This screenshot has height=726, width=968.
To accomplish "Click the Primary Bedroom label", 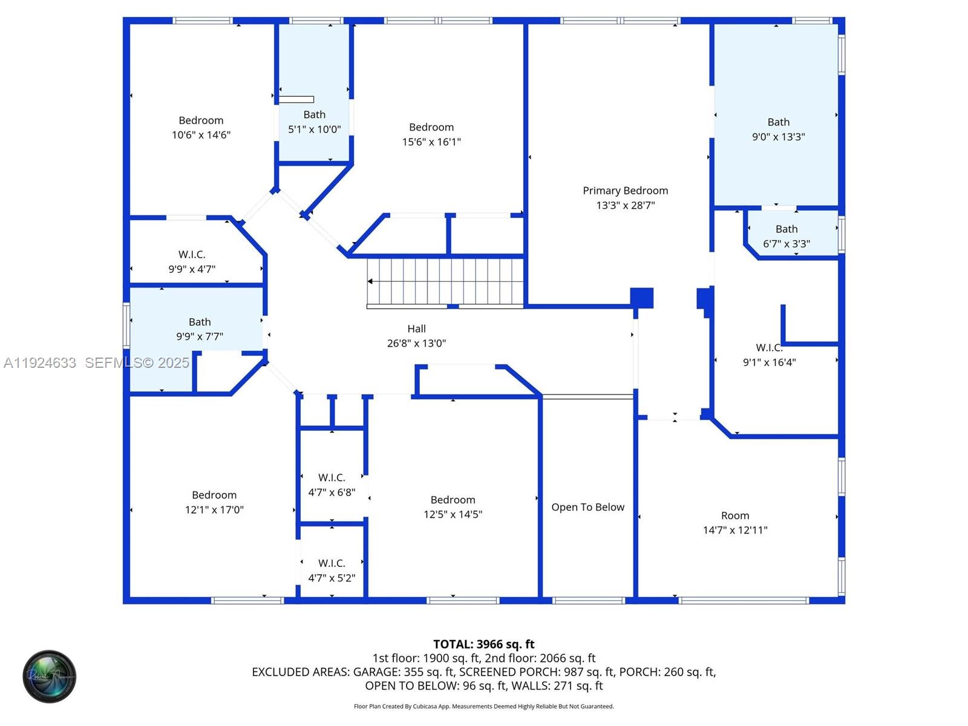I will point(625,191).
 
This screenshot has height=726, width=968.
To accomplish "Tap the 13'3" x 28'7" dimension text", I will point(625,205).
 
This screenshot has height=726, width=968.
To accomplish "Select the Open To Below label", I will point(587,507).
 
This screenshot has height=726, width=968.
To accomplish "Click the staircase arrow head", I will point(370,281).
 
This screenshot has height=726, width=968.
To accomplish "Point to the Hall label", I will point(416,329).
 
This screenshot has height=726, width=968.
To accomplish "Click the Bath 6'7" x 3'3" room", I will point(786,237).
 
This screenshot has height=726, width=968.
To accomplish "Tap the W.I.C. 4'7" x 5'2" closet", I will point(332,571).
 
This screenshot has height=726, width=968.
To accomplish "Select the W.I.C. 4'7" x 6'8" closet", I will point(332,485).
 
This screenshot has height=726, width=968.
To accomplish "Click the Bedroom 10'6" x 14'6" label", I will point(201,120).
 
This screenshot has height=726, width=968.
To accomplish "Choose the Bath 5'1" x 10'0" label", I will point(314,114).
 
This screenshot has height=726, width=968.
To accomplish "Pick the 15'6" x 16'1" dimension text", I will point(431,142).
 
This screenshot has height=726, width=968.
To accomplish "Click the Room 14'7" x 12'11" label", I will point(735,515).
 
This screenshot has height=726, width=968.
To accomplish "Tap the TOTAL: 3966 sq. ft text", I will point(483,644).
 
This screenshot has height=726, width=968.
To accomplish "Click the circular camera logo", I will point(50,676).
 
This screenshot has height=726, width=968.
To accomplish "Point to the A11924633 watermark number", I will point(40,362).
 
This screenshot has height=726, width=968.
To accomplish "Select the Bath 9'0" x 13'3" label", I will point(778,122).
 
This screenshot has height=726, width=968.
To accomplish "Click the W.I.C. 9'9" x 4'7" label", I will point(192,255).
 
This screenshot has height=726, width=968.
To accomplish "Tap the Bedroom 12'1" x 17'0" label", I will point(214,495).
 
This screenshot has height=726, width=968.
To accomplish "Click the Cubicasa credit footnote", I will point(483,706).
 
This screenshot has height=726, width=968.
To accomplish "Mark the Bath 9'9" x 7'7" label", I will point(200,322).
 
